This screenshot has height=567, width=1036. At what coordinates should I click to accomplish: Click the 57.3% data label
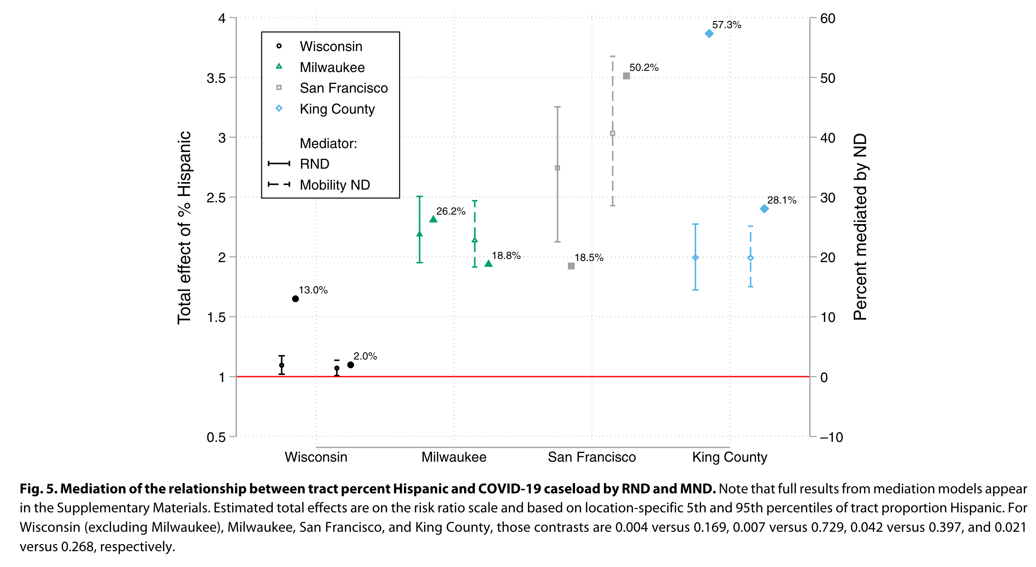pos(726,25)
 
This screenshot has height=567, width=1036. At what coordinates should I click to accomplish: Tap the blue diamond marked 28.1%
pos(764,209)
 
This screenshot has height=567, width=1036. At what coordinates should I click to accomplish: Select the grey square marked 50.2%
pos(626,76)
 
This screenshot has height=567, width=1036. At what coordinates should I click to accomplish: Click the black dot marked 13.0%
pos(295,299)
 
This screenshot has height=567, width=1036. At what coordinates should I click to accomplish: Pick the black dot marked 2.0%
pos(350,365)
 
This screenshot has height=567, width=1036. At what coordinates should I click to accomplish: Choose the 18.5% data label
pos(589,258)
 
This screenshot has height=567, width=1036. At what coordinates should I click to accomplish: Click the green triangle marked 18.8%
pos(488,263)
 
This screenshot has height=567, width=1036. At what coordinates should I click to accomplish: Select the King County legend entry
pos(337,109)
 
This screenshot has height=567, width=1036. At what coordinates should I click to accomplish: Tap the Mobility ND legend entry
pos(335,185)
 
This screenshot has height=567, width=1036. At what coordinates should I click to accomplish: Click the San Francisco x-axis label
pos(592,457)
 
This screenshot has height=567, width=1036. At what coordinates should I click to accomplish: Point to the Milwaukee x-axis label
pos(454,457)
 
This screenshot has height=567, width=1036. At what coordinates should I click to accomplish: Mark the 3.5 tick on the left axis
pos(216,78)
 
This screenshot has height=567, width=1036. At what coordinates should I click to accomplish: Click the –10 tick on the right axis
pos(831,437)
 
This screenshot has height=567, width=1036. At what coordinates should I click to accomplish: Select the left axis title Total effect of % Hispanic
pos(184,227)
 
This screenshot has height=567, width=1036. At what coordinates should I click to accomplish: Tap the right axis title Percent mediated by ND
pos(860,227)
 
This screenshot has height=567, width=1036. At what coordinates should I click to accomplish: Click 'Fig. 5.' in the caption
pos(38,489)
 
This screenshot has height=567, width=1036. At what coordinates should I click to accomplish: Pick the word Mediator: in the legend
pos(328,144)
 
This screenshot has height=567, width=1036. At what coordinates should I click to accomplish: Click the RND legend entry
pos(314,164)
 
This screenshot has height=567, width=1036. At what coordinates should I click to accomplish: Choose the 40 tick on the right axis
pos(828,138)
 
